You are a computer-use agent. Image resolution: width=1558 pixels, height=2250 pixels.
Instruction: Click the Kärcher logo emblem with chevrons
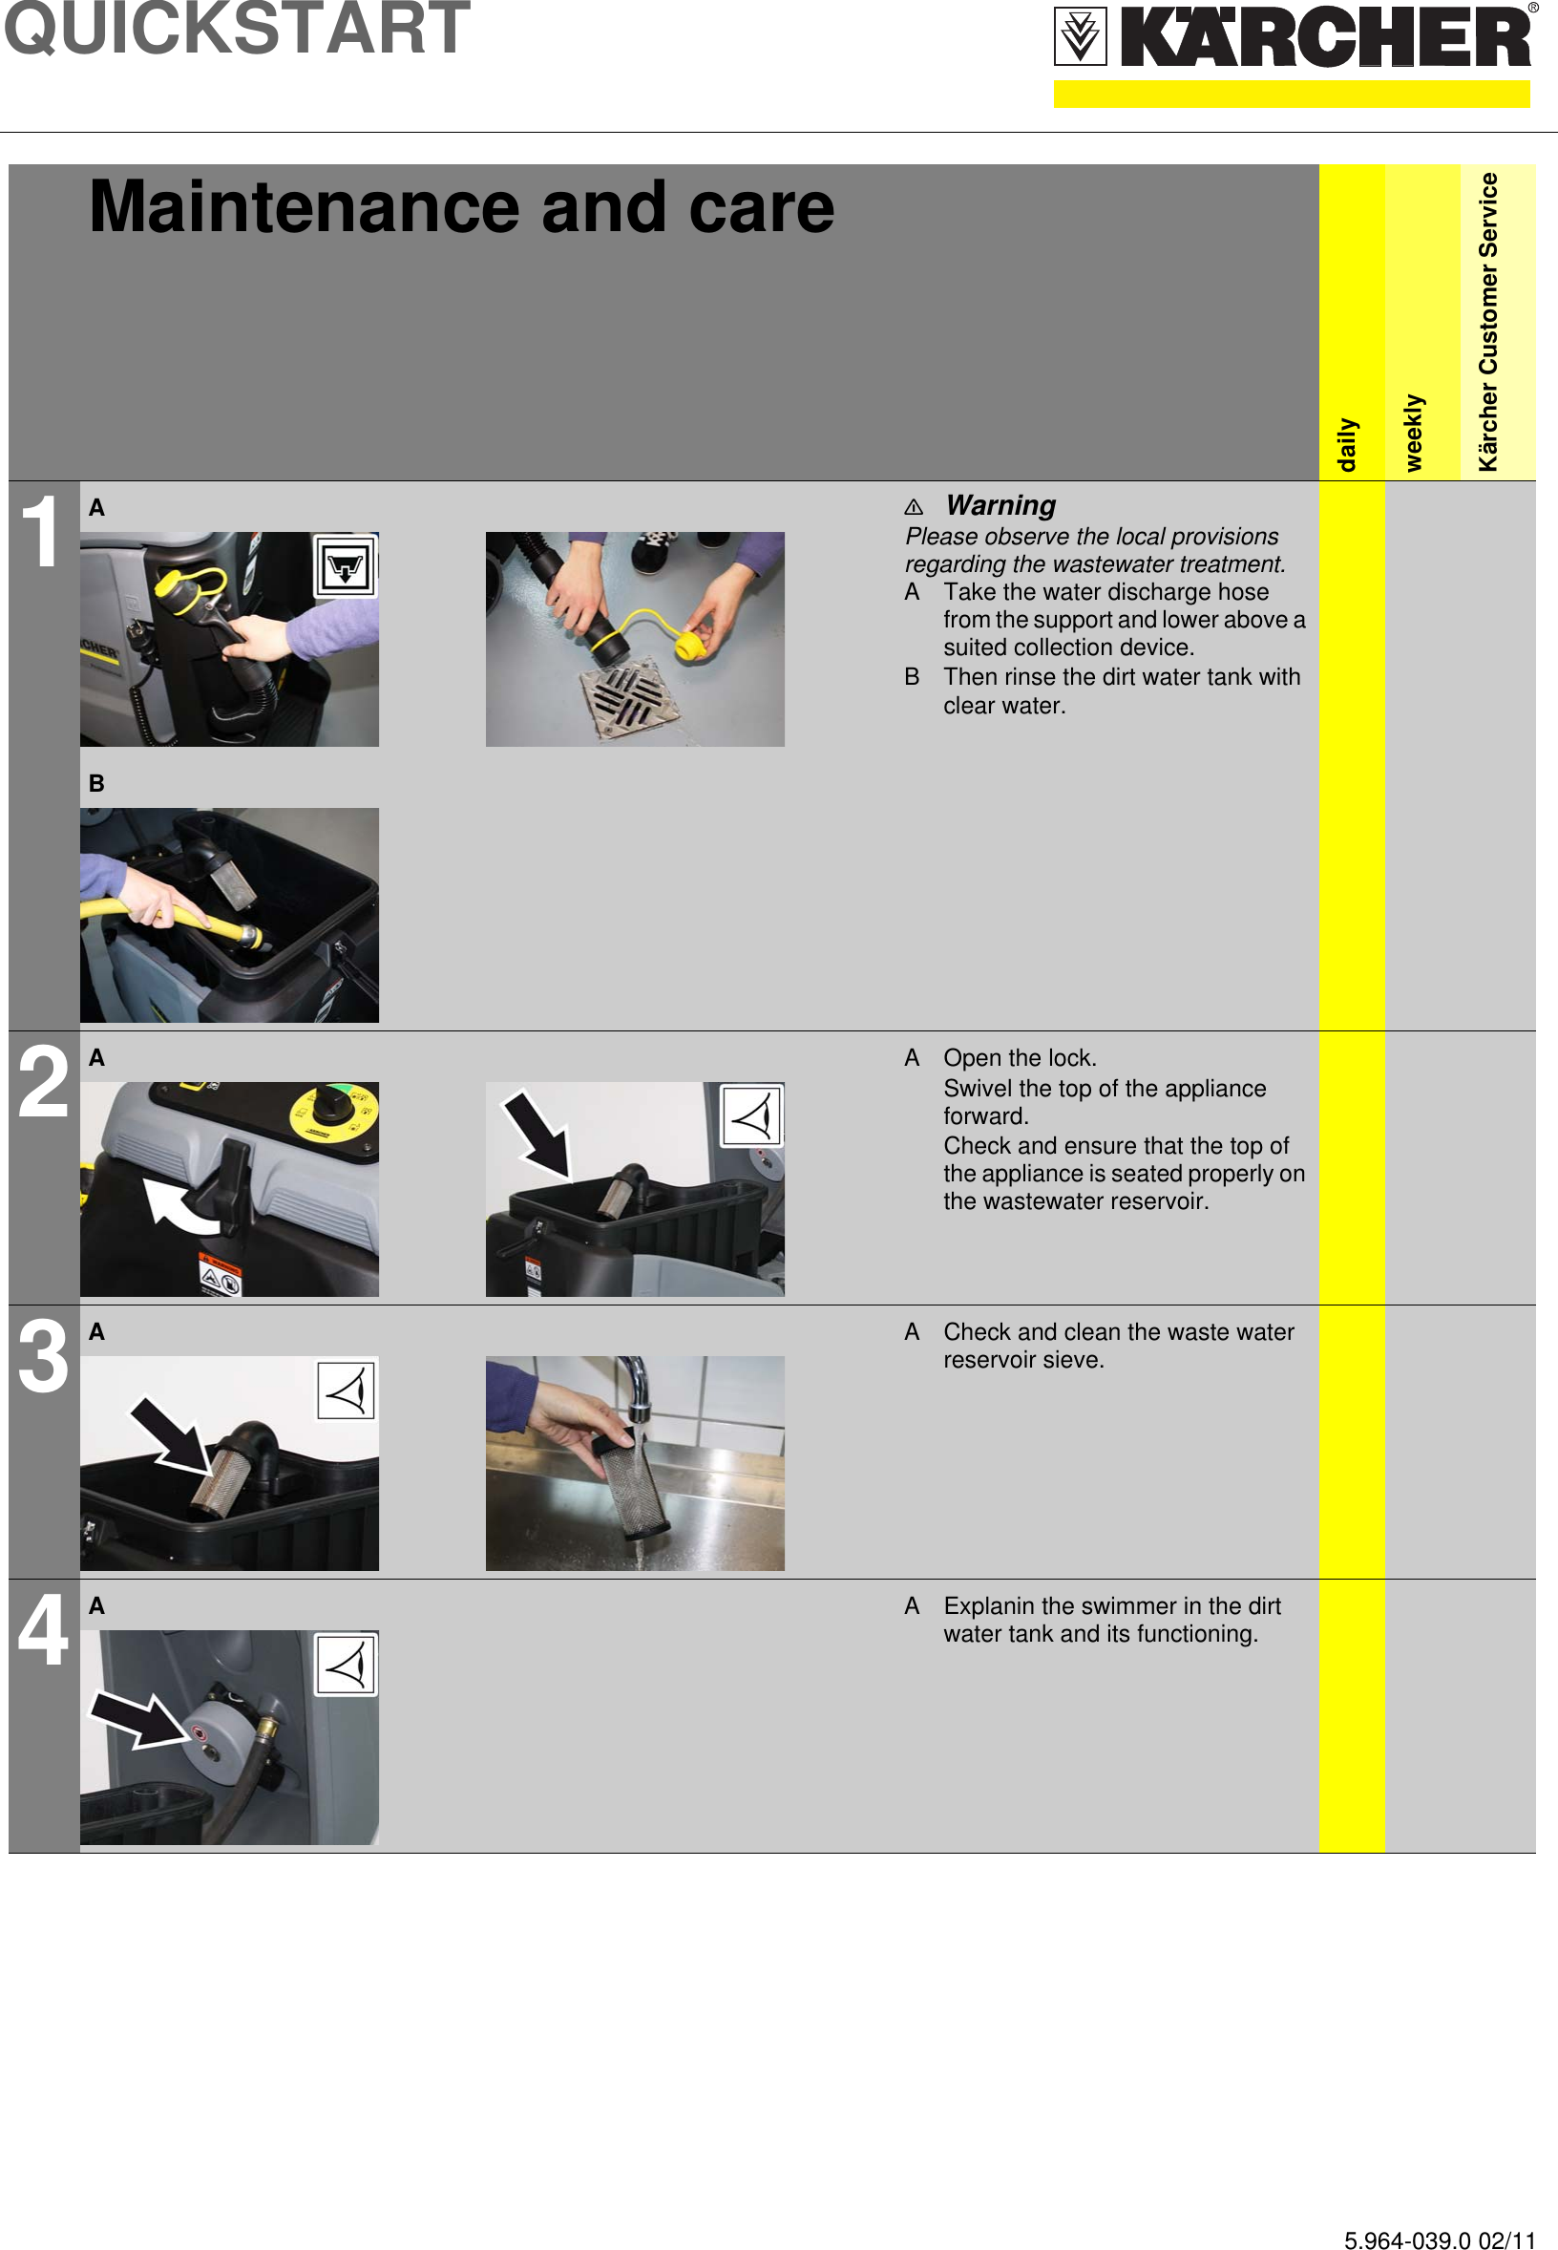click(1080, 36)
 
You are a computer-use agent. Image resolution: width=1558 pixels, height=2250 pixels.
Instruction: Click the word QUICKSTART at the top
click(237, 29)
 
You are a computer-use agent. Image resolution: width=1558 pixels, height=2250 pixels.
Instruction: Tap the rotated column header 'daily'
click(1347, 444)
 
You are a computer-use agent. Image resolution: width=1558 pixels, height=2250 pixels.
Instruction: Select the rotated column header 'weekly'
click(1413, 433)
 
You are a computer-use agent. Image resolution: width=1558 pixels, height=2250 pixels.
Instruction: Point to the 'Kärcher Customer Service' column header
click(1486, 322)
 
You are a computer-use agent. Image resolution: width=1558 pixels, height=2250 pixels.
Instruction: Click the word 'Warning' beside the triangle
click(1000, 505)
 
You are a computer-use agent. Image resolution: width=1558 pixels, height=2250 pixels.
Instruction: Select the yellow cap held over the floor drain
click(690, 646)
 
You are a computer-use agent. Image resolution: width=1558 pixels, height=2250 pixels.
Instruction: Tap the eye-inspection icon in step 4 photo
click(346, 1665)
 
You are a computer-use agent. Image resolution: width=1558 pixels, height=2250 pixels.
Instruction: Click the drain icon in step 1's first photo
click(345, 565)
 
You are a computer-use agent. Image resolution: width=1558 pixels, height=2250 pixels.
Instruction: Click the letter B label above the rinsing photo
click(95, 783)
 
